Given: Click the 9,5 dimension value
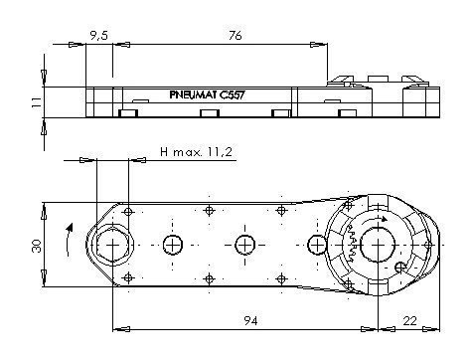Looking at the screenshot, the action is pos(99,35).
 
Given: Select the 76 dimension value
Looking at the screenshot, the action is pos(235,35).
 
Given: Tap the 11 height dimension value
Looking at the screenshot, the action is pos(37,101).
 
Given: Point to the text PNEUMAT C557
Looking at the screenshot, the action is pos(207,95).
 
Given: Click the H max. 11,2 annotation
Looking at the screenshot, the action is pos(196,152).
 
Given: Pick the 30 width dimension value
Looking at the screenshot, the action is pos(37,246).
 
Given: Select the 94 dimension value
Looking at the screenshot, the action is pos(250,321).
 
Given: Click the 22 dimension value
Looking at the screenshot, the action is pos(409,321).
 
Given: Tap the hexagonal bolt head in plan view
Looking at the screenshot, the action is pos(112,245).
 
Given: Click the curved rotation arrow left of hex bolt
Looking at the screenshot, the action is pos(69,240).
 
